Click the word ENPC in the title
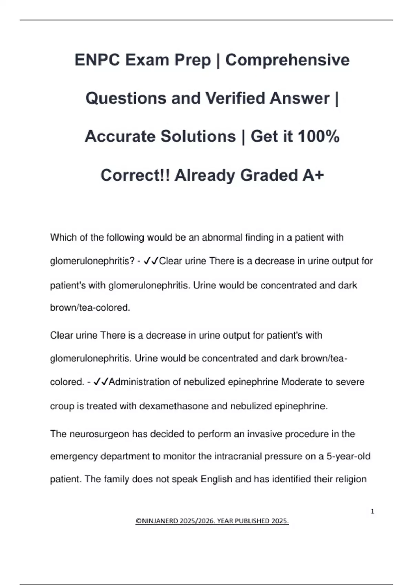[x=97, y=60]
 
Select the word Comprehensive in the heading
[x=287, y=60]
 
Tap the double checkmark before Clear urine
[x=151, y=261]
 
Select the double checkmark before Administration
[x=101, y=382]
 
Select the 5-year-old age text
[x=348, y=457]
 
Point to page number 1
[x=372, y=511]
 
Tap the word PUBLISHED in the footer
[x=252, y=521]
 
